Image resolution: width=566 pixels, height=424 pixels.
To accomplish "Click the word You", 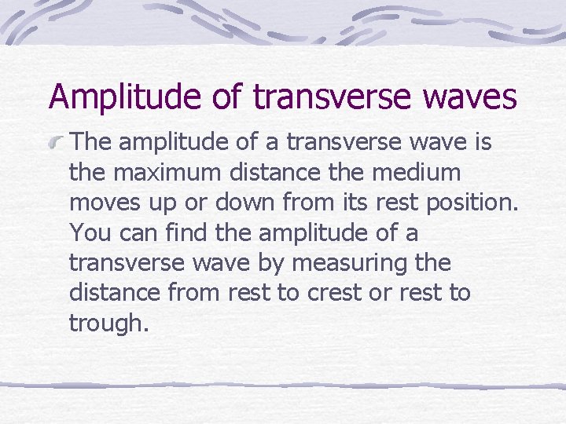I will [x=87, y=232].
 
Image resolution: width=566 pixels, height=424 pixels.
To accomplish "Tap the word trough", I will [x=108, y=323].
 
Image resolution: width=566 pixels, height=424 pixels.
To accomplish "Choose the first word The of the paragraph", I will [x=90, y=143].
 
